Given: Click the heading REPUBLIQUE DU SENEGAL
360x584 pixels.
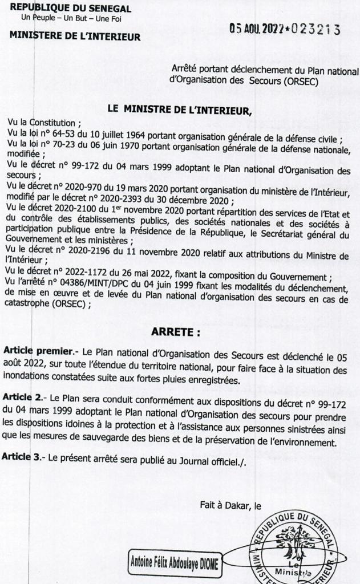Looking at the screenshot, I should click(x=70, y=9).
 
